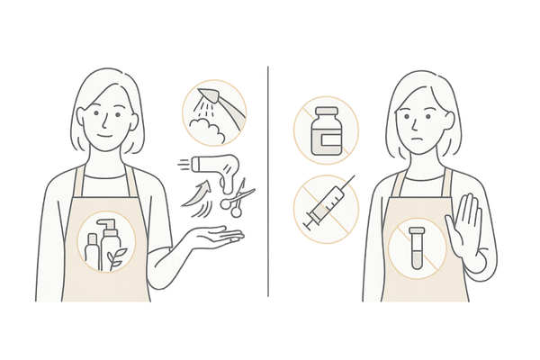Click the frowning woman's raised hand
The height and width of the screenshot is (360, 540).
coord(470,232)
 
